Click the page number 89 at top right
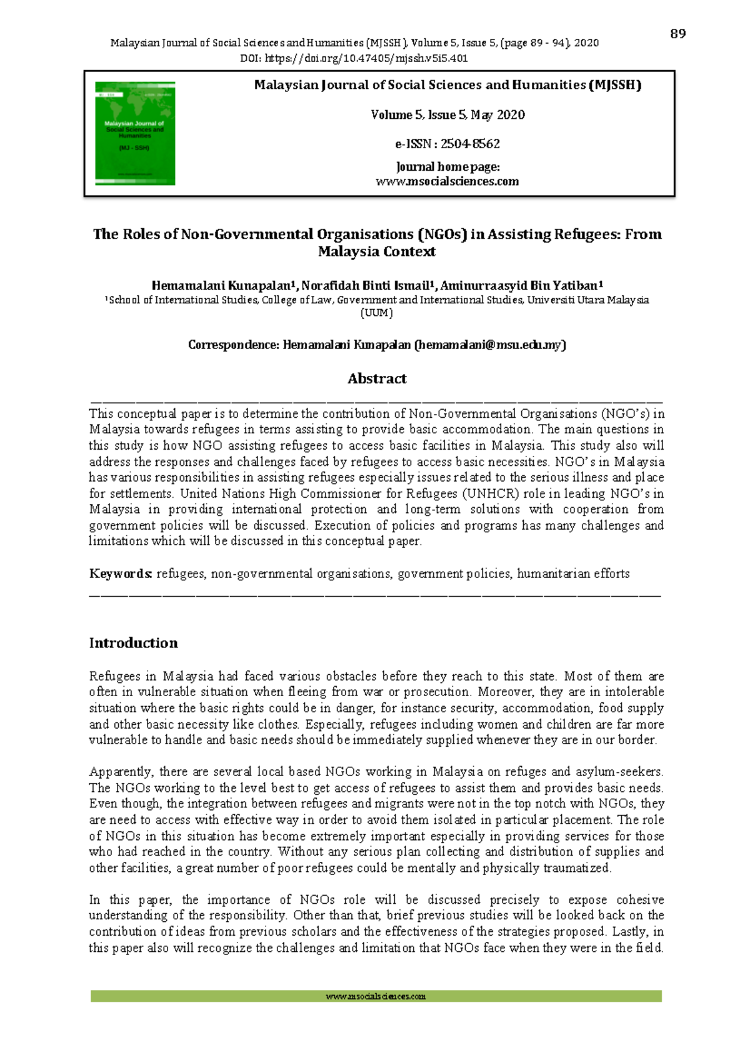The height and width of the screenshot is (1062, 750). pyautogui.click(x=677, y=34)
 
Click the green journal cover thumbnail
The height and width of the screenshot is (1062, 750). pyautogui.click(x=135, y=133)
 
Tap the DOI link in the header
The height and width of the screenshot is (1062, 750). pyautogui.click(x=366, y=59)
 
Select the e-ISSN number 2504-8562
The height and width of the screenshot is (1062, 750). pyautogui.click(x=470, y=144)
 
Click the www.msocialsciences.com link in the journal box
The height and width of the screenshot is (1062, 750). pyautogui.click(x=447, y=181)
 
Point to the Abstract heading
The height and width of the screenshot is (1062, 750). pyautogui.click(x=377, y=378)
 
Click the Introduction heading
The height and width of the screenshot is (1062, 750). pyautogui.click(x=133, y=643)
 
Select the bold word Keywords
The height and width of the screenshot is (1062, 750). pyautogui.click(x=120, y=574)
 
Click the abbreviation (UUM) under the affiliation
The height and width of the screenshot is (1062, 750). pyautogui.click(x=377, y=313)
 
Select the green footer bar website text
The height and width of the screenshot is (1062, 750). pyautogui.click(x=376, y=996)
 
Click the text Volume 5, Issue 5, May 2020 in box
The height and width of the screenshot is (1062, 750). pyautogui.click(x=447, y=115)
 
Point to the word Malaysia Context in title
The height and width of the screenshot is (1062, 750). pyautogui.click(x=377, y=251)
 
